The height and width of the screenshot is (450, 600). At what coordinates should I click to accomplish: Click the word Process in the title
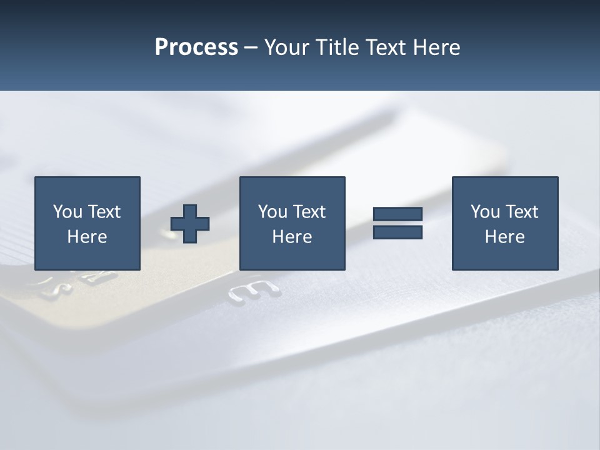(x=196, y=47)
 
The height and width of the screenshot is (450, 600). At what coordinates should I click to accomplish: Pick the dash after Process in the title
(x=251, y=48)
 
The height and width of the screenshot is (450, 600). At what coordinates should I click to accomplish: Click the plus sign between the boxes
(x=190, y=224)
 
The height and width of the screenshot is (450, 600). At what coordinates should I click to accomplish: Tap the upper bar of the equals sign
(x=397, y=214)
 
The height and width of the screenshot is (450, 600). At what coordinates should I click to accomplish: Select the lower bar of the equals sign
(x=397, y=232)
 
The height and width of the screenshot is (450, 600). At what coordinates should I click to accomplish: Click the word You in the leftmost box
(x=67, y=212)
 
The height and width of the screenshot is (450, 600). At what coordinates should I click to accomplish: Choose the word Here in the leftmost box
(x=87, y=237)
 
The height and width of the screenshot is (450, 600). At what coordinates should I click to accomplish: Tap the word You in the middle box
(x=272, y=212)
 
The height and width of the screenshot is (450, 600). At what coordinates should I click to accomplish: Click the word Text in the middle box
(x=308, y=212)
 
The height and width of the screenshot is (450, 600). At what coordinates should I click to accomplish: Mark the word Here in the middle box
(x=292, y=237)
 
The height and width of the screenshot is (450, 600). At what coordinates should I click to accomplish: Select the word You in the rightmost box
(x=485, y=212)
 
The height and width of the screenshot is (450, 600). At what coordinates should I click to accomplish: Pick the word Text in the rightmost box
(x=521, y=212)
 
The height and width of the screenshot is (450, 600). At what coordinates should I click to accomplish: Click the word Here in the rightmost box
(x=504, y=237)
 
